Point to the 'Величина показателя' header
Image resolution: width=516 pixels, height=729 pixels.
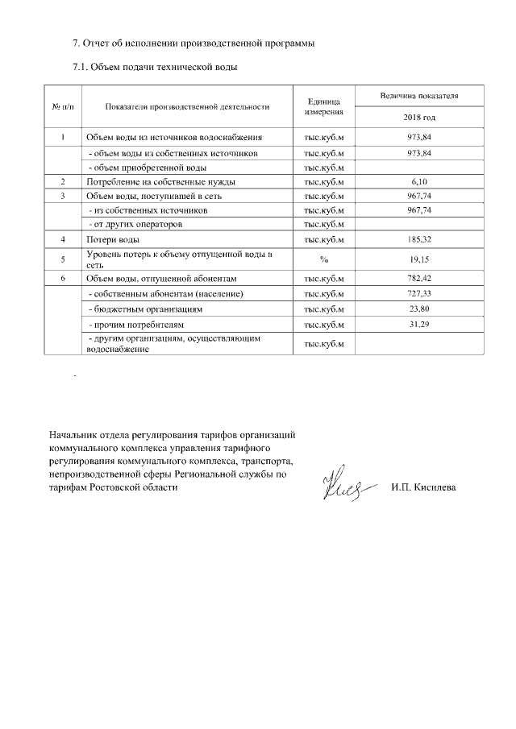(x=419, y=96)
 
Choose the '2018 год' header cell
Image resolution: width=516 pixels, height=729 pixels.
(x=419, y=118)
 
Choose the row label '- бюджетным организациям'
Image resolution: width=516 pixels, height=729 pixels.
(x=144, y=309)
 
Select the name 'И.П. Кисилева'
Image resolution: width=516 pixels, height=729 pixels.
(x=423, y=488)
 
